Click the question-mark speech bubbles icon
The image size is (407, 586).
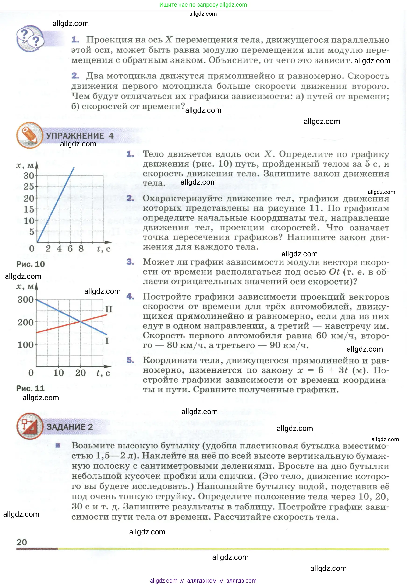coord(30,39)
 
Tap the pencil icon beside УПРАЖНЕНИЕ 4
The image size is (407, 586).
coord(30,135)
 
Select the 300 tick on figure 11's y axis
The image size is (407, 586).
coord(25,300)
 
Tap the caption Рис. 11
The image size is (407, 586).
coord(30,388)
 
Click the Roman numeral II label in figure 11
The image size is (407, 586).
coord(109,309)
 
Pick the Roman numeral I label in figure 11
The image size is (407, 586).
coord(107,341)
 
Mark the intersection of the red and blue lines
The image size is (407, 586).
coord(81,322)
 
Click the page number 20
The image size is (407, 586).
coord(22,542)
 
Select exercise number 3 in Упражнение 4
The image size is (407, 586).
coord(130,262)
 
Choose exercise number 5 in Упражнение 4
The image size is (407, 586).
coord(130,360)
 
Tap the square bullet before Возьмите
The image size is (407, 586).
coord(58,445)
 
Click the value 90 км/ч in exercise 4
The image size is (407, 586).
coord(289,345)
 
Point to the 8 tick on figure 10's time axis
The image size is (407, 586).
coord(81,249)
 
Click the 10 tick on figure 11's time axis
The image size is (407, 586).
coord(58,373)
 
